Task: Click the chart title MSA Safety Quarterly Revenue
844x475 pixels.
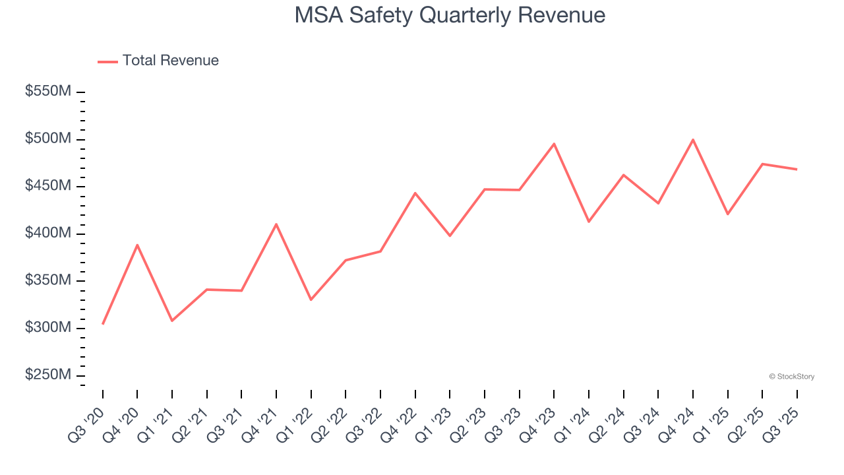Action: point(450,15)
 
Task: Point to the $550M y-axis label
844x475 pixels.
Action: point(48,92)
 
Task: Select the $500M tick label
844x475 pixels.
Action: point(48,139)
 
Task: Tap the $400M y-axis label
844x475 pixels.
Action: point(48,234)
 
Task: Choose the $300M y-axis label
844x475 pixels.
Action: point(48,328)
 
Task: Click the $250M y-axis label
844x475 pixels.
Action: point(48,375)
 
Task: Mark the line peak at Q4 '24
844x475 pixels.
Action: point(693,140)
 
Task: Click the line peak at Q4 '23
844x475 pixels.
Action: point(554,144)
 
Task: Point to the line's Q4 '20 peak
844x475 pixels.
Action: point(137,245)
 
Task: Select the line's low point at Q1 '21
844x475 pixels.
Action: point(172,321)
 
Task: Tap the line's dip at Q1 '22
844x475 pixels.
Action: point(311,300)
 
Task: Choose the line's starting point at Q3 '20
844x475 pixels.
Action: point(103,323)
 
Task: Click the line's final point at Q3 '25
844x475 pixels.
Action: point(797,170)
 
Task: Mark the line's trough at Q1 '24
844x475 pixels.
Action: point(588,222)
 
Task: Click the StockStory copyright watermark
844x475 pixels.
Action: point(791,377)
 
